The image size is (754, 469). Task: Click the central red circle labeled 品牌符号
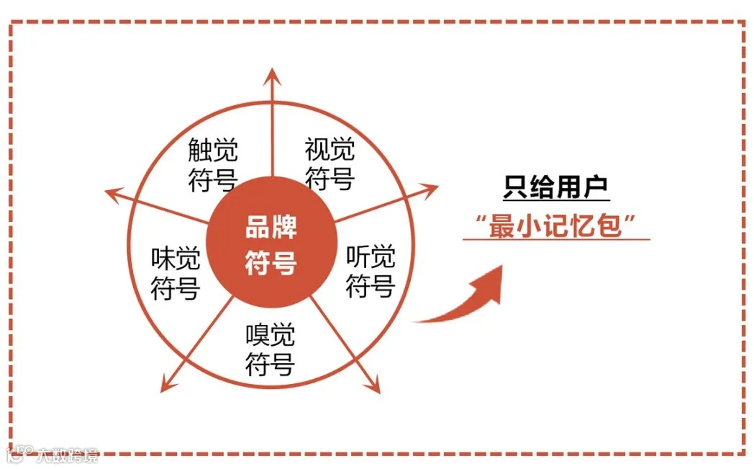pyautogui.click(x=271, y=245)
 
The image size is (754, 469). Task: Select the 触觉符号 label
pyautogui.click(x=213, y=166)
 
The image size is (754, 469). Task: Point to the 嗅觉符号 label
pyautogui.click(x=270, y=349)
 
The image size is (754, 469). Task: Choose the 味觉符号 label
pyautogui.click(x=175, y=274)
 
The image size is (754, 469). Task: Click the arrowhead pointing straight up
pyautogui.click(x=272, y=74)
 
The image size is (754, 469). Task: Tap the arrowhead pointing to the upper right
pyautogui.click(x=430, y=190)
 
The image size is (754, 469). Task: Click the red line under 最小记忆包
pyautogui.click(x=556, y=238)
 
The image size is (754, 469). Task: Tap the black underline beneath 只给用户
pyautogui.click(x=556, y=200)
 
